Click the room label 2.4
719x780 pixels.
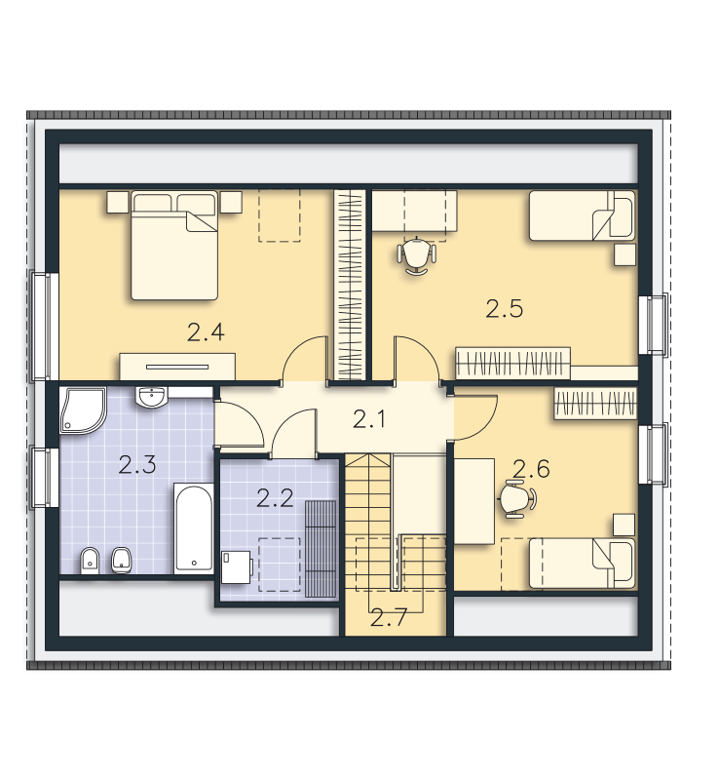(206, 332)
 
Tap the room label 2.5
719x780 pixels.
(505, 309)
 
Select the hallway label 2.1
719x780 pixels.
(369, 419)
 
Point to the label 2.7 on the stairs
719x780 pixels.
(389, 617)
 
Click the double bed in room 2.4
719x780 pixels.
(174, 246)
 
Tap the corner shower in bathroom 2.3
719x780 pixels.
(83, 410)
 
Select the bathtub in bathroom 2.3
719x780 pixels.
(194, 528)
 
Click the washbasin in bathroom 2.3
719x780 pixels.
(152, 397)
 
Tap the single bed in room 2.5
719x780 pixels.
(582, 215)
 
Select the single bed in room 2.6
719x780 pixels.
(582, 564)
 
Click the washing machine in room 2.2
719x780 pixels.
(237, 566)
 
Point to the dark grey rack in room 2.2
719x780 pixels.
(321, 548)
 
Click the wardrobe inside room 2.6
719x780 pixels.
(595, 403)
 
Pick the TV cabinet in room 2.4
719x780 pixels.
(177, 368)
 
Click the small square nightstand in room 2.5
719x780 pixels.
(625, 254)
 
